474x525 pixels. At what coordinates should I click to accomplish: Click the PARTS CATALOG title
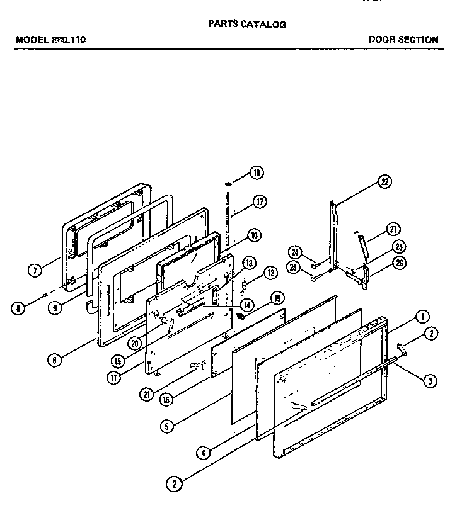tap(247, 25)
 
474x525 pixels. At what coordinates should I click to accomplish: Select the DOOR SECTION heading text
tap(403, 39)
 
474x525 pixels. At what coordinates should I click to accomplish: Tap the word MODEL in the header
tap(31, 39)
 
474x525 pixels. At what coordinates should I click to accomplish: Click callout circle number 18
tap(256, 172)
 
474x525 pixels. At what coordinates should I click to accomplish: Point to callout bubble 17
tap(259, 202)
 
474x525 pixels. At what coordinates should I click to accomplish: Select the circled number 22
tap(384, 182)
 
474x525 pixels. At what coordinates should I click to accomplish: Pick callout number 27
tap(393, 229)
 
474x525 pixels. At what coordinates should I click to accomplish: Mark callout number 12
tap(270, 273)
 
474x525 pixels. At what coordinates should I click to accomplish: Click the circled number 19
tap(277, 298)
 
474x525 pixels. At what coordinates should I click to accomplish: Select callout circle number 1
tap(422, 316)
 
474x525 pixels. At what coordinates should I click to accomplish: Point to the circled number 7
tap(35, 271)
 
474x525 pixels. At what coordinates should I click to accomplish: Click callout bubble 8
tap(20, 308)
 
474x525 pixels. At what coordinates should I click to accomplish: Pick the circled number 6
tap(55, 360)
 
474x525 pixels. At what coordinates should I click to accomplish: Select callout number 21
tap(147, 395)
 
